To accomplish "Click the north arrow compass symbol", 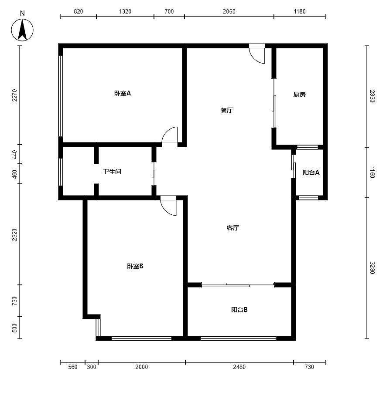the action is click(22, 30).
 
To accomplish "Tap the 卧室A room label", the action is click(123, 93).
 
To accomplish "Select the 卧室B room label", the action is click(135, 266).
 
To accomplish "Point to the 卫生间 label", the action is click(112, 172).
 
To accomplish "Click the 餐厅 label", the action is click(226, 110).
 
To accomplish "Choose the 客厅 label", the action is click(232, 227).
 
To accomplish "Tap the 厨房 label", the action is click(299, 95).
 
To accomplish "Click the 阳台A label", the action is click(311, 173).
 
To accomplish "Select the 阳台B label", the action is click(239, 310).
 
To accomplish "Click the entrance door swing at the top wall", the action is click(257, 54).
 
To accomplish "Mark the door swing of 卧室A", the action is click(170, 137).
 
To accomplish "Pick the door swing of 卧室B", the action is click(168, 206).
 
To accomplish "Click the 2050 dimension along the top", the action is click(229, 11).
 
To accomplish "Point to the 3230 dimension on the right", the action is click(372, 268).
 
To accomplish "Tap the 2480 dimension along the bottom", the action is click(239, 367).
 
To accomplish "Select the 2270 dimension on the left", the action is click(14, 95).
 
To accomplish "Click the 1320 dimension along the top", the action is click(125, 11).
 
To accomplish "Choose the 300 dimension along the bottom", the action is click(91, 367).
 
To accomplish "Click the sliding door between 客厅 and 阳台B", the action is click(238, 285).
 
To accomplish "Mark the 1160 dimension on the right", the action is click(372, 173).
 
